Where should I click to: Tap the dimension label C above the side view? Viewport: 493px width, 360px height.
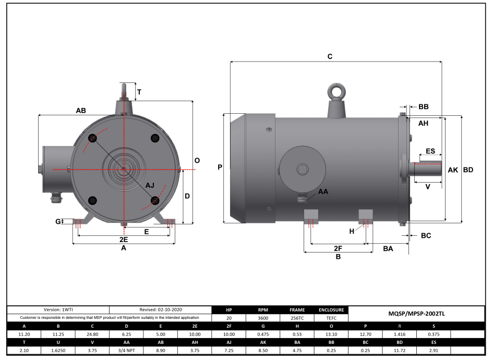pyautogui.click(x=330, y=56)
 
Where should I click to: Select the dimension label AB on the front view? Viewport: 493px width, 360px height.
pyautogui.click(x=81, y=111)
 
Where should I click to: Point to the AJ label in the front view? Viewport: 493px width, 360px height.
pyautogui.click(x=150, y=185)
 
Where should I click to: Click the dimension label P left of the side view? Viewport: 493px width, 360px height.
pyautogui.click(x=220, y=167)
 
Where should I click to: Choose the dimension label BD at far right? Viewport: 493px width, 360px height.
pyautogui.click(x=468, y=170)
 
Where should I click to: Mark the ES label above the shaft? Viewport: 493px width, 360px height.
pyautogui.click(x=430, y=151)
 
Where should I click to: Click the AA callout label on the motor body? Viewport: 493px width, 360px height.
pyautogui.click(x=323, y=192)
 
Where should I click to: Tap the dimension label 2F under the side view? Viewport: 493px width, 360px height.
pyautogui.click(x=338, y=248)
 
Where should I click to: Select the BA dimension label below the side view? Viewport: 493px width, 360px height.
pyautogui.click(x=388, y=249)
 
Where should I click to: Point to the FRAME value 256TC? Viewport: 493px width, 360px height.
pyautogui.click(x=297, y=317)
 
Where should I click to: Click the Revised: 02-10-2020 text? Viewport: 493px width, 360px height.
pyautogui.click(x=161, y=310)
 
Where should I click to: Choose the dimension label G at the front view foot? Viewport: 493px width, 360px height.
pyautogui.click(x=58, y=222)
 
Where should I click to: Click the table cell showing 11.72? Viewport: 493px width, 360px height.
pyautogui.click(x=399, y=350)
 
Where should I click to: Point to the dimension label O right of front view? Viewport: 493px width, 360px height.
pyautogui.click(x=197, y=161)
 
